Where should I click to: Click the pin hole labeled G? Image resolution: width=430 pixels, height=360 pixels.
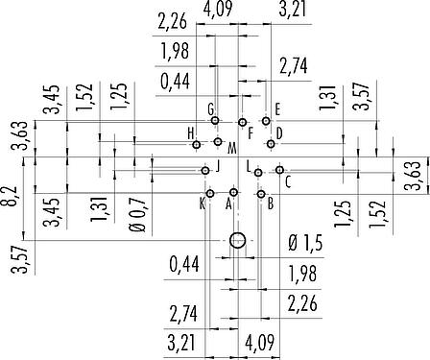(x=215, y=121)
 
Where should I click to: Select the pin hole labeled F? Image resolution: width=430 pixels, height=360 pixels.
(x=243, y=122)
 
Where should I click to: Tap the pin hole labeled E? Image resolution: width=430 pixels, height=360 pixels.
(x=266, y=121)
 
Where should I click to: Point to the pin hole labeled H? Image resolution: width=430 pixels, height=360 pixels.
(x=197, y=145)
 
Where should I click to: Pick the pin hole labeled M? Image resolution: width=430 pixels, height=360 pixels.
(x=218, y=141)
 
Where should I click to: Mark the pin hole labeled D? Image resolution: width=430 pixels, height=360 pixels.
(x=271, y=144)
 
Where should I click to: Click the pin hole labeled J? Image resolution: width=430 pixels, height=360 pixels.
(x=205, y=171)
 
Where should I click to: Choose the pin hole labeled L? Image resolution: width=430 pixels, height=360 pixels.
(x=258, y=173)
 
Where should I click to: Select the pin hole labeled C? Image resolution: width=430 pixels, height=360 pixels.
(x=280, y=170)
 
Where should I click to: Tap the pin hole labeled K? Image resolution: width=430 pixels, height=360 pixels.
(x=210, y=193)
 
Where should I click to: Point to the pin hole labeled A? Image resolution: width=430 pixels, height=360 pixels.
(x=234, y=192)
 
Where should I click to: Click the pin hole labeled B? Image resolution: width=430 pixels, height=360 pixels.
(x=261, y=194)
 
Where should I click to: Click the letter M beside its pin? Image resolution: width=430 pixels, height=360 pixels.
(x=232, y=149)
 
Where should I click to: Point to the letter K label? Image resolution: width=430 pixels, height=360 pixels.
(x=203, y=204)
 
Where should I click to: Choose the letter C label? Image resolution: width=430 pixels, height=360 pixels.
(x=288, y=183)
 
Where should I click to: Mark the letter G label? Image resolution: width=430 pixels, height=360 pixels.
(x=210, y=109)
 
